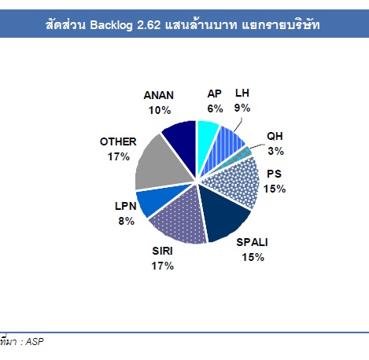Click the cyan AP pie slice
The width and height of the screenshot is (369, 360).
click(206, 141)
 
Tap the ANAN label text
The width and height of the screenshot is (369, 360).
click(159, 95)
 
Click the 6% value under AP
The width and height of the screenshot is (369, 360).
click(215, 108)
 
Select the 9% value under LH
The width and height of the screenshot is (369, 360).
click(242, 108)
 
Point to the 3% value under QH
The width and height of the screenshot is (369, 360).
click(275, 151)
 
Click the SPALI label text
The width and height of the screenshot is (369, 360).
click(252, 242)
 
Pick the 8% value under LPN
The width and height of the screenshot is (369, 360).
click(126, 221)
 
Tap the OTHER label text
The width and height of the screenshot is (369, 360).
click(118, 141)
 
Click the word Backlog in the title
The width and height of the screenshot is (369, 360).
click(111, 25)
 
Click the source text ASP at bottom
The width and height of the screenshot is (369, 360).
click(35, 341)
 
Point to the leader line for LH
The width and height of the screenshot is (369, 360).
click(238, 125)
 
